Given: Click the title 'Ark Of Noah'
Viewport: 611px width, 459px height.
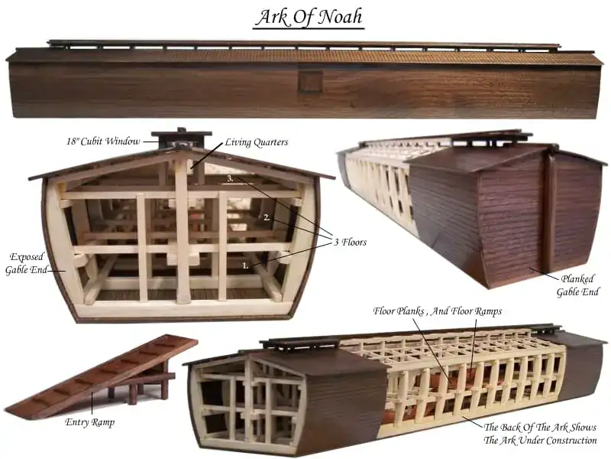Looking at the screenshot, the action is click(x=310, y=18).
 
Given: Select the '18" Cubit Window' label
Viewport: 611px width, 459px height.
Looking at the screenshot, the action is click(x=103, y=141).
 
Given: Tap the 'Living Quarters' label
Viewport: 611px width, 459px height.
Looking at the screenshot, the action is click(x=257, y=142).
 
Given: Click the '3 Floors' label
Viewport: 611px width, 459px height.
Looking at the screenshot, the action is click(x=351, y=242).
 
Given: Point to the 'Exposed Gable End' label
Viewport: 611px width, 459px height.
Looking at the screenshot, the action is click(x=27, y=263).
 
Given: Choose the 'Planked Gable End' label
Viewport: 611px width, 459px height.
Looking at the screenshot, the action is click(x=577, y=285).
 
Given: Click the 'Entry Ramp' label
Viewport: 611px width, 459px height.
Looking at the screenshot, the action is click(x=89, y=422).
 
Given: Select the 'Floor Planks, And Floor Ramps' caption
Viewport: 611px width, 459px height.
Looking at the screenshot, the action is click(x=437, y=311).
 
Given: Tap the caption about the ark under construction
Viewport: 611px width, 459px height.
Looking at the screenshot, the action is click(x=540, y=434).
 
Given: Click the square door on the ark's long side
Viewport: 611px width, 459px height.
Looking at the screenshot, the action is click(x=311, y=81).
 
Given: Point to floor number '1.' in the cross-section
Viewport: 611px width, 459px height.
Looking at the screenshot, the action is click(x=245, y=265).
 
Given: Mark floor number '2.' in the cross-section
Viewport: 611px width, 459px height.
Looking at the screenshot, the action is click(x=267, y=218).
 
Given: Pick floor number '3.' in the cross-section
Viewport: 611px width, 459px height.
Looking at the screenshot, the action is click(x=231, y=178).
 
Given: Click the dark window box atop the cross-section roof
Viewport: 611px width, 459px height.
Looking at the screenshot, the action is click(x=181, y=138).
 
